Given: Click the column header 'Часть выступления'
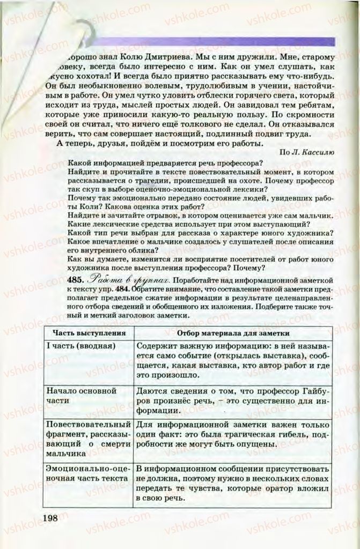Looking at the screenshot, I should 87,332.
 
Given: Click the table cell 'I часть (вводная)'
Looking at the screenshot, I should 82,346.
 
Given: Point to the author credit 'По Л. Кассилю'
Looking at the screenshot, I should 306,152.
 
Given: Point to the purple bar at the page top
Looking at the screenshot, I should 215,42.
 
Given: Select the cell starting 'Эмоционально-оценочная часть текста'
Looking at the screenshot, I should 87,472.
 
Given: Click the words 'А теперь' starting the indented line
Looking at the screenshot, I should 74,143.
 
